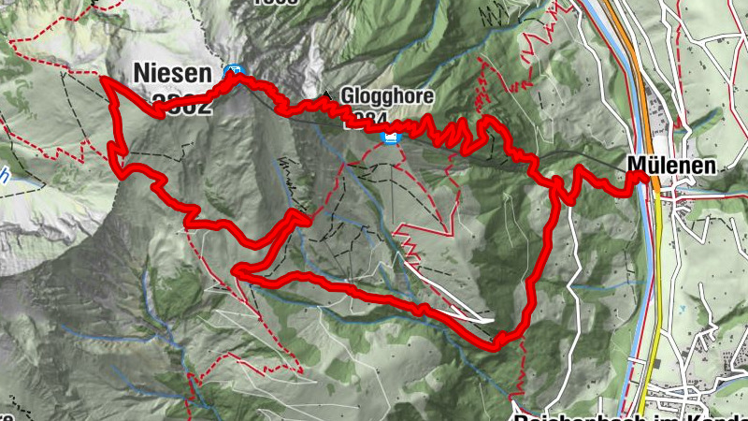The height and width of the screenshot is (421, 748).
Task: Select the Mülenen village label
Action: [x=671, y=166]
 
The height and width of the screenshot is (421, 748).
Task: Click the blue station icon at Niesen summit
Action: [x=233, y=71]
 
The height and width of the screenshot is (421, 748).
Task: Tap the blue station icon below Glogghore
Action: [x=392, y=138]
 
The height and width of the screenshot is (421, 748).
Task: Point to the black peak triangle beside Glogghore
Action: [x=326, y=95]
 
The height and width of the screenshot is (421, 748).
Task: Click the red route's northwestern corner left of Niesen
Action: [x=107, y=82]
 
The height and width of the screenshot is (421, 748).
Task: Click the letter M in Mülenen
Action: [x=635, y=166]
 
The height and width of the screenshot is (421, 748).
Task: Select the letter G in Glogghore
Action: [x=347, y=96]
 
